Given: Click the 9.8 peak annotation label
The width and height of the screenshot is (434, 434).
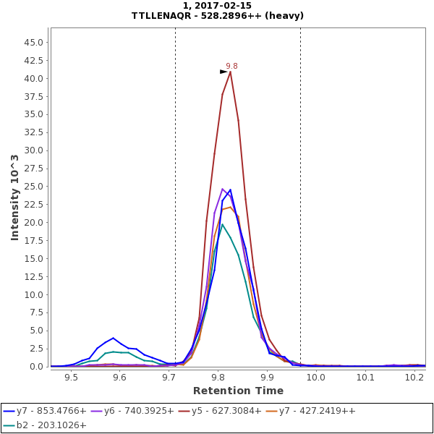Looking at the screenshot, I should [231, 66].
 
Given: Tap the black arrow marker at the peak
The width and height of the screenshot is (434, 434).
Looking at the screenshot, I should [224, 72].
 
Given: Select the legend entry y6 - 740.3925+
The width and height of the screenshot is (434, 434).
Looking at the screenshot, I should [139, 411].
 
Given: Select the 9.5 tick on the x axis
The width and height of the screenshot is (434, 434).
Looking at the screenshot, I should [71, 377].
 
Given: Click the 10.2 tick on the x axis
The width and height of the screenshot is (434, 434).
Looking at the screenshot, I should [414, 377].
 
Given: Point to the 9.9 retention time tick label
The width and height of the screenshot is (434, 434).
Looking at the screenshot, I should [267, 377].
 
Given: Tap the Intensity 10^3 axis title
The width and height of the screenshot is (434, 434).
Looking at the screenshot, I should [14, 197].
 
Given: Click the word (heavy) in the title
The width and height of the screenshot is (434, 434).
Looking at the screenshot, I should [284, 16].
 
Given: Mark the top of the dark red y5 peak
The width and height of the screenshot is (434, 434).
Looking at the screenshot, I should [230, 72].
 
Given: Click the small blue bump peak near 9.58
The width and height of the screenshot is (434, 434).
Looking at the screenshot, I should [113, 338].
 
